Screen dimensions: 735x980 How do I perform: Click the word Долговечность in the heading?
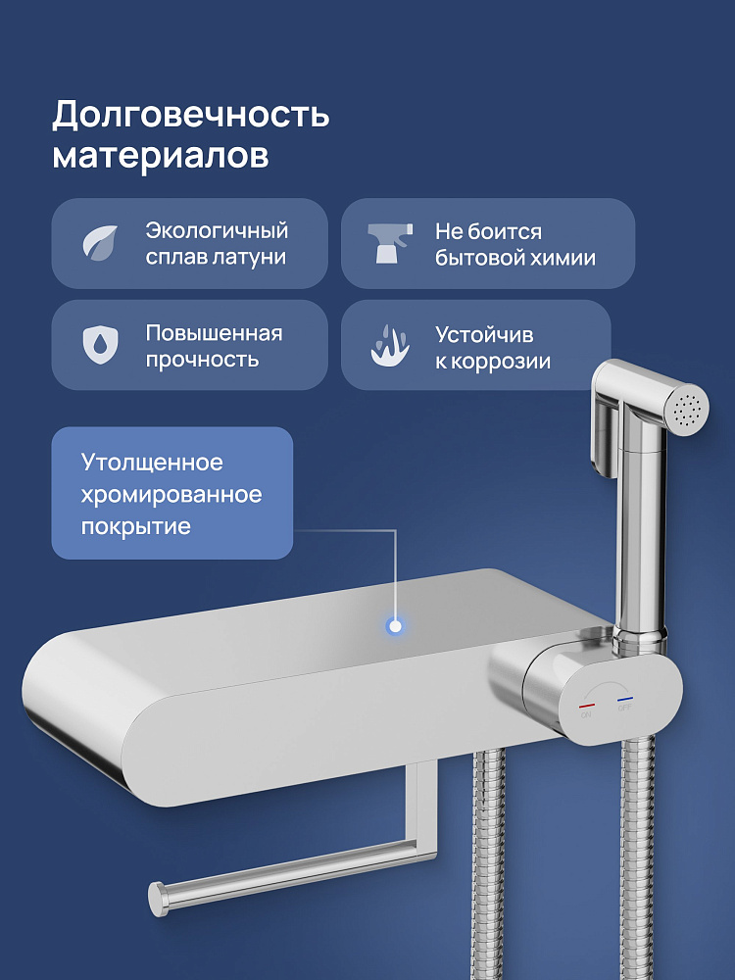(191, 115)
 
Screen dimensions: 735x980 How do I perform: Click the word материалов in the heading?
(161, 156)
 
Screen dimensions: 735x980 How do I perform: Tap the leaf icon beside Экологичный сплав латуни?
(101, 243)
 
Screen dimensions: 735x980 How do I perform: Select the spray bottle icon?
(390, 242)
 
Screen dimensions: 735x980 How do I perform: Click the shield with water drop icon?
(101, 344)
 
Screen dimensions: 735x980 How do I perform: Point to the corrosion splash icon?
(390, 345)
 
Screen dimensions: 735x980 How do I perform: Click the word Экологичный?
(217, 230)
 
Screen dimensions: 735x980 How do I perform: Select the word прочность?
(202, 360)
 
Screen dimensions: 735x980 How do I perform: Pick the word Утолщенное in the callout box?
(152, 463)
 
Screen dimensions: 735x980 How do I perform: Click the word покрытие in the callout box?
(135, 526)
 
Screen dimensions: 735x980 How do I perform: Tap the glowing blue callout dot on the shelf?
(394, 625)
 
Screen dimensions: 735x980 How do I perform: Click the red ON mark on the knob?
(586, 707)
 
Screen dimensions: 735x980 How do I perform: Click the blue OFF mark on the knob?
(625, 700)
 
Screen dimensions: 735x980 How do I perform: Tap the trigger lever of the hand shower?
(604, 436)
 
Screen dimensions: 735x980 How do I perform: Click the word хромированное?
(171, 494)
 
